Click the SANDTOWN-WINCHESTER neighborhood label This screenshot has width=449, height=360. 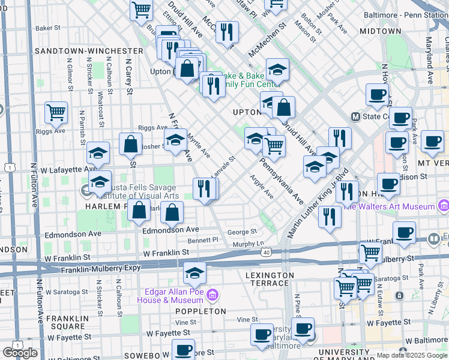pyautogui.click(x=89, y=51)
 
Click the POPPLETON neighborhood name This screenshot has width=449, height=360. pyautogui.click(x=200, y=311)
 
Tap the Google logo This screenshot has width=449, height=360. pyautogui.click(x=20, y=353)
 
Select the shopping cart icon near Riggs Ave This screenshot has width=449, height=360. pyautogui.click(x=56, y=112)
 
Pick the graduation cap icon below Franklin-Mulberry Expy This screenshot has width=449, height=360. pyautogui.click(x=194, y=273)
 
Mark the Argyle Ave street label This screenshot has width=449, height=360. pyautogui.click(x=262, y=187)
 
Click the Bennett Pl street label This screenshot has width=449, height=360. pyautogui.click(x=203, y=240)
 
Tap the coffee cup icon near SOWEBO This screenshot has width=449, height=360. pyautogui.click(x=183, y=349)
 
